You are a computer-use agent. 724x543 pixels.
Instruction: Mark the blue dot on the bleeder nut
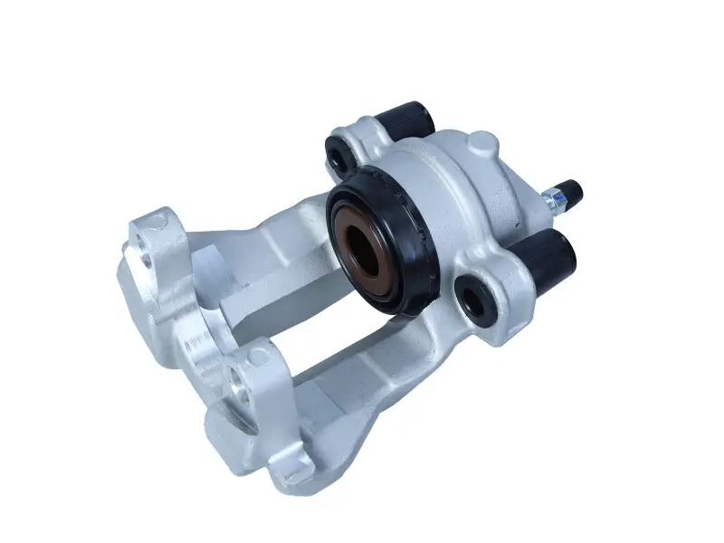tap(560, 191)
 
